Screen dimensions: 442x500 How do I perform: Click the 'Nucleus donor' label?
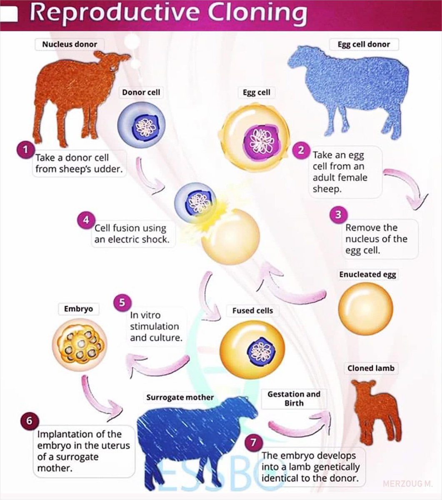(x=70, y=44)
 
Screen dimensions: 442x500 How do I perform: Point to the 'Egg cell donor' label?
(x=364, y=44)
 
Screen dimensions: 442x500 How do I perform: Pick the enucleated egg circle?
(x=365, y=308)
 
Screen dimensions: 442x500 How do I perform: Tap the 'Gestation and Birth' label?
(x=294, y=399)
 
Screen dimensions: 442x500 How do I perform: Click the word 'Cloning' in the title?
(x=257, y=14)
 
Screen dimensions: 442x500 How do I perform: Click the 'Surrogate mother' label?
(x=180, y=397)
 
